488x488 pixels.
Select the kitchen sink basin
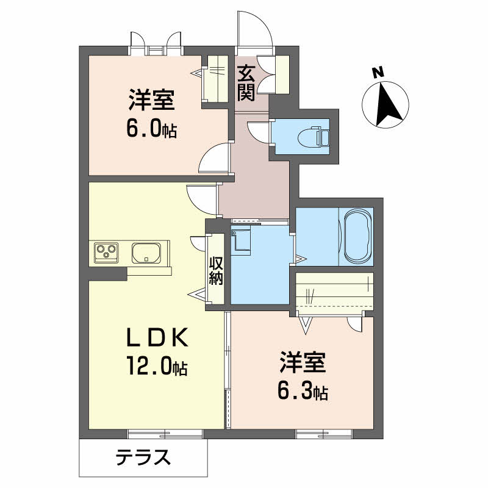pyautogui.click(x=146, y=252)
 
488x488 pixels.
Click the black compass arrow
pyautogui.click(x=389, y=104)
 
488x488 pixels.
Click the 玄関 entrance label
pyautogui.click(x=246, y=82)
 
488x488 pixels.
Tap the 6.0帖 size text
pyautogui.click(x=152, y=129)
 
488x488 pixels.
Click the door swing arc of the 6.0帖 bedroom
pyautogui.click(x=213, y=160)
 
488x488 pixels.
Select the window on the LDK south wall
pyautogui.click(x=165, y=434)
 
